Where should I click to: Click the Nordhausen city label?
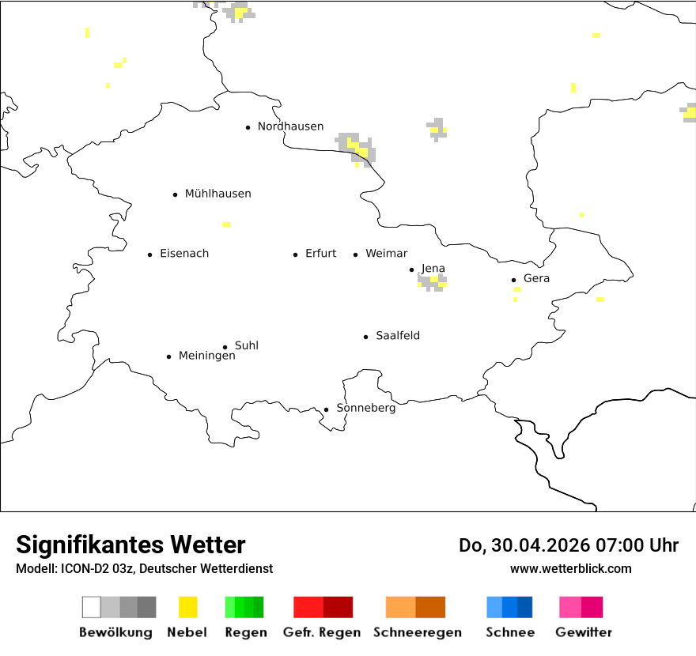[x=290, y=126]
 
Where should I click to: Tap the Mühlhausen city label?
[x=217, y=194]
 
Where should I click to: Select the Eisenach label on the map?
[x=184, y=254]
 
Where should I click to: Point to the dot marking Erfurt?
[x=295, y=254]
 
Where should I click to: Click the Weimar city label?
[x=386, y=254]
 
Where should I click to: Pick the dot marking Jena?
[x=411, y=270]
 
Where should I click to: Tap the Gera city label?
[x=536, y=278]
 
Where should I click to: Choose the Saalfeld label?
[x=398, y=336]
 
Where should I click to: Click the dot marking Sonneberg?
[x=326, y=409]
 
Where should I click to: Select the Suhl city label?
[x=247, y=345]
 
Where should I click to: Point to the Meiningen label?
[x=206, y=356]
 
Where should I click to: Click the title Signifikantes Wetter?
[x=130, y=545]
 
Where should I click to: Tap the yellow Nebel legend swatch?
[x=187, y=607]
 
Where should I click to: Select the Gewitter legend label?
[x=583, y=632]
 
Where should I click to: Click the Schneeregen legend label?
[x=417, y=632]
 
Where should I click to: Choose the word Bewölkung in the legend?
[x=115, y=632]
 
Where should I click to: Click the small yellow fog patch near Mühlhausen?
[x=226, y=224]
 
